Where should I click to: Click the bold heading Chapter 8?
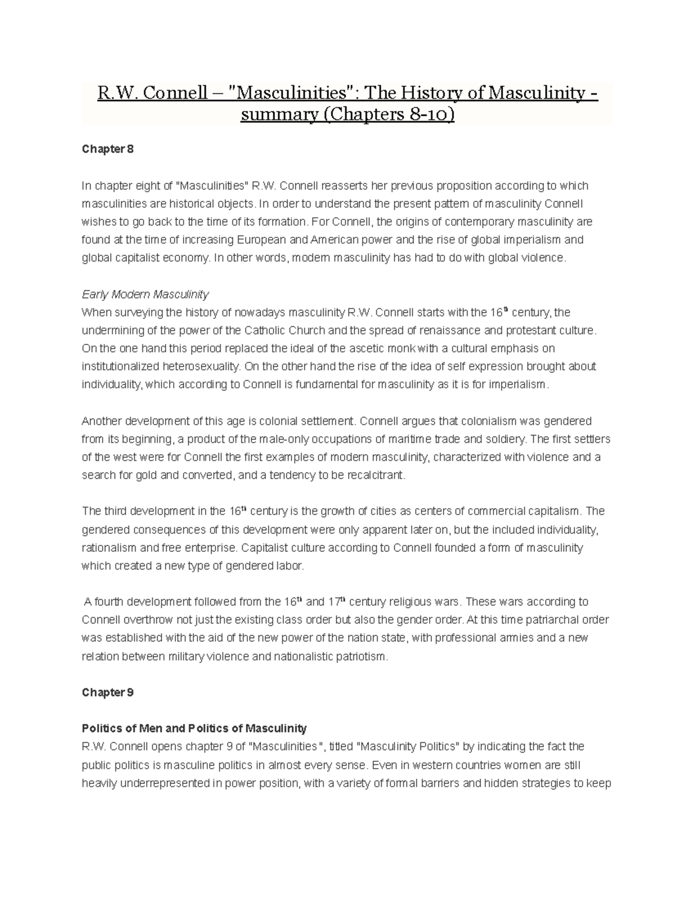(108, 149)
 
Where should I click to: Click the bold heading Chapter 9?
(108, 692)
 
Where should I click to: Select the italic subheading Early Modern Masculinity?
(145, 294)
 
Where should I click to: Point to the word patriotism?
(359, 656)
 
